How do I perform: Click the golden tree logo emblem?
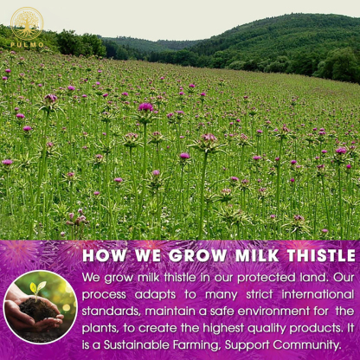[x=27, y=22]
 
